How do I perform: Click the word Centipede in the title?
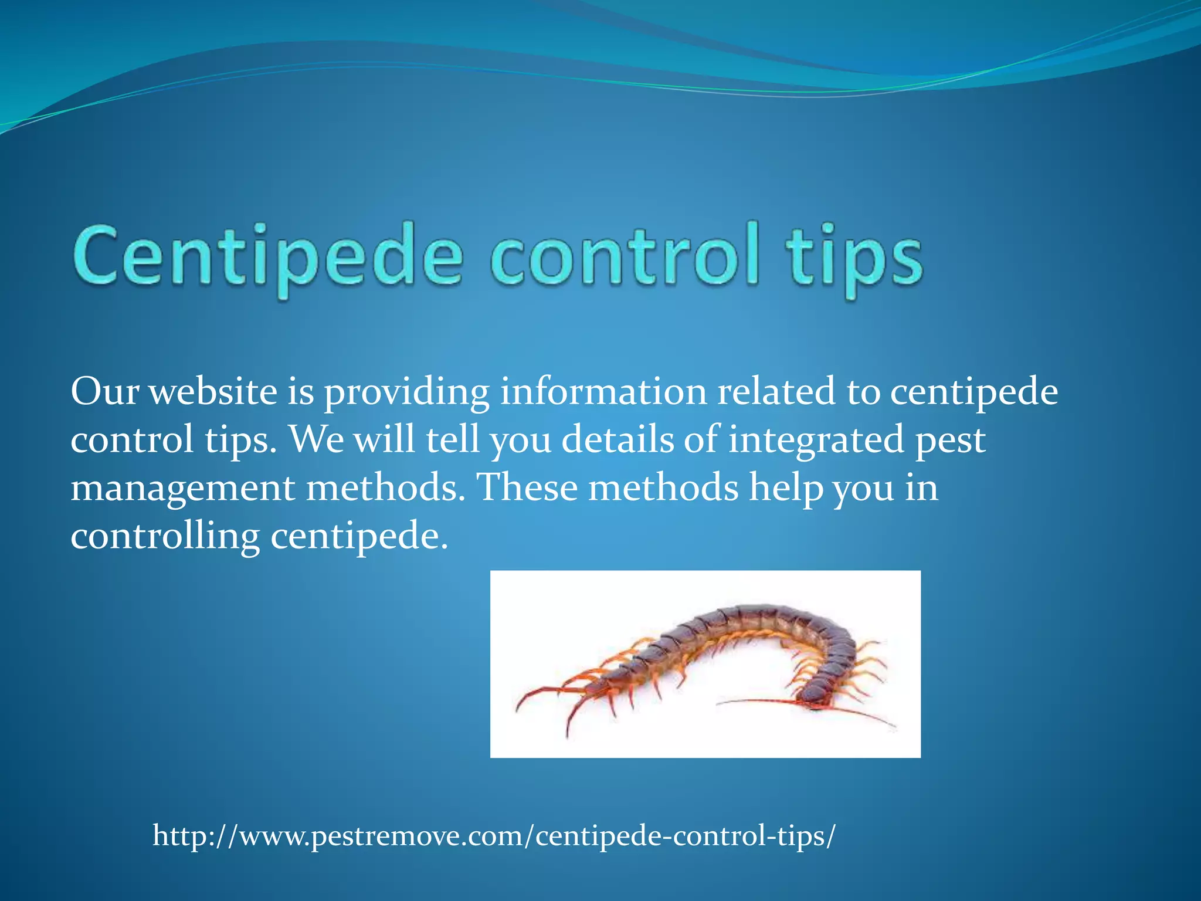point(267,258)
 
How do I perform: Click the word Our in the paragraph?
point(104,392)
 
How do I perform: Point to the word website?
point(212,392)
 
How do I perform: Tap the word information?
point(603,392)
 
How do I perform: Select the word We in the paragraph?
point(317,440)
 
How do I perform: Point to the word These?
point(527,488)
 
